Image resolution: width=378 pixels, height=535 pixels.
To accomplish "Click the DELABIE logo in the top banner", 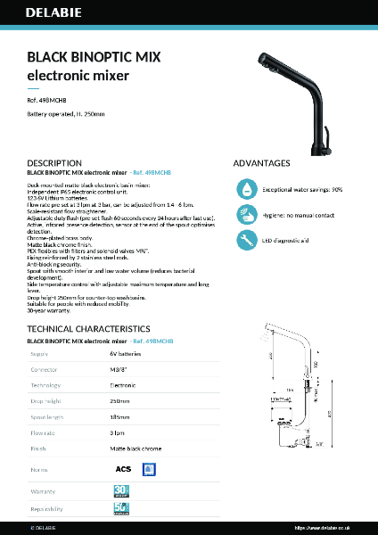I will (53, 15).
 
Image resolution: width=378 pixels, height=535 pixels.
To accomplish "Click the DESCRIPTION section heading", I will (54, 163).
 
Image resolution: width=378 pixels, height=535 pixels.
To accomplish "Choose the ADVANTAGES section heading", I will (261, 163).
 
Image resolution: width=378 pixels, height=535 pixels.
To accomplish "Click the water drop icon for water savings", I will (245, 189).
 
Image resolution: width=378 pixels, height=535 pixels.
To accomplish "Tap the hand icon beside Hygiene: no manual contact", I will (245, 215).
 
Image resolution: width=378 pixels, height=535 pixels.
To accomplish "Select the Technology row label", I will (46, 385).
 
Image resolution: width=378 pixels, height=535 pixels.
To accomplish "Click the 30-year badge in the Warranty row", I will (122, 490).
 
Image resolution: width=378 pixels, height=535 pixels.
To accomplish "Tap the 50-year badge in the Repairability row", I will (122, 509).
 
